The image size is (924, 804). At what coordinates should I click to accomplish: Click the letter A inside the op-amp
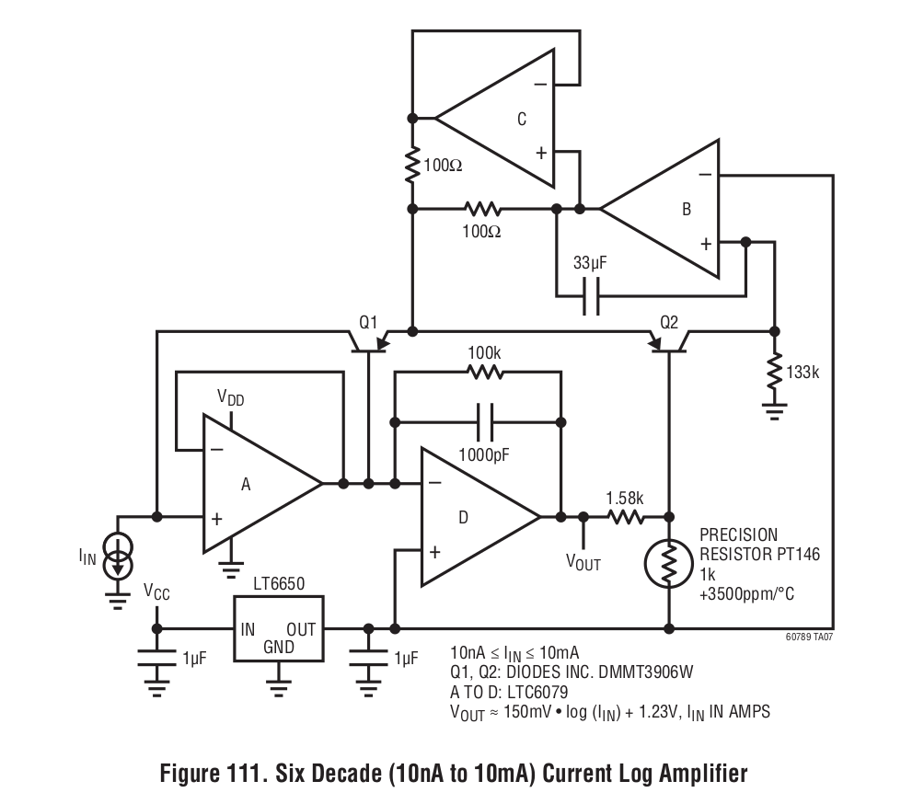(x=246, y=484)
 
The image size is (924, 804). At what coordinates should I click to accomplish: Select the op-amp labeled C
(x=495, y=119)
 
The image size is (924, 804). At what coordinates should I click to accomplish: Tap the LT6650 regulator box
(x=279, y=628)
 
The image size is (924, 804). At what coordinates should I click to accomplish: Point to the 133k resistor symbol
(x=774, y=371)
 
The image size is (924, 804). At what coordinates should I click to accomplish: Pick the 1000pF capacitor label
(x=484, y=454)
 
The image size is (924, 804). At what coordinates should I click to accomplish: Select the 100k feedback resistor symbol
(x=484, y=372)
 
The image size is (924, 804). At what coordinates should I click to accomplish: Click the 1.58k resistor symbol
(x=626, y=517)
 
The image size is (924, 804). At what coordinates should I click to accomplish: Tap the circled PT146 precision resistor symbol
(x=668, y=564)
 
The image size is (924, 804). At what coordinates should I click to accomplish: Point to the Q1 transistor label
(x=368, y=322)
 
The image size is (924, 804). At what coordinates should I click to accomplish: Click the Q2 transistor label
(x=669, y=322)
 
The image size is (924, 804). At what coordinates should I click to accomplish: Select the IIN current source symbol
(x=118, y=556)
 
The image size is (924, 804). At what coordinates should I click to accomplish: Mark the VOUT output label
(x=583, y=562)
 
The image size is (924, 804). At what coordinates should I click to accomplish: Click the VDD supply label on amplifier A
(x=230, y=397)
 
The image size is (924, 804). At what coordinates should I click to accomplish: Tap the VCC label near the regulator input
(x=156, y=592)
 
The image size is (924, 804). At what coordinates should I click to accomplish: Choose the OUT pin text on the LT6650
(x=301, y=629)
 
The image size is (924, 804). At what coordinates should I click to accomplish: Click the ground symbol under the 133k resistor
(x=774, y=411)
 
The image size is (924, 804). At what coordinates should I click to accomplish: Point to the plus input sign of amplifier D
(x=435, y=552)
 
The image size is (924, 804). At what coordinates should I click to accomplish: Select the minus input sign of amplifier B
(x=705, y=175)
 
